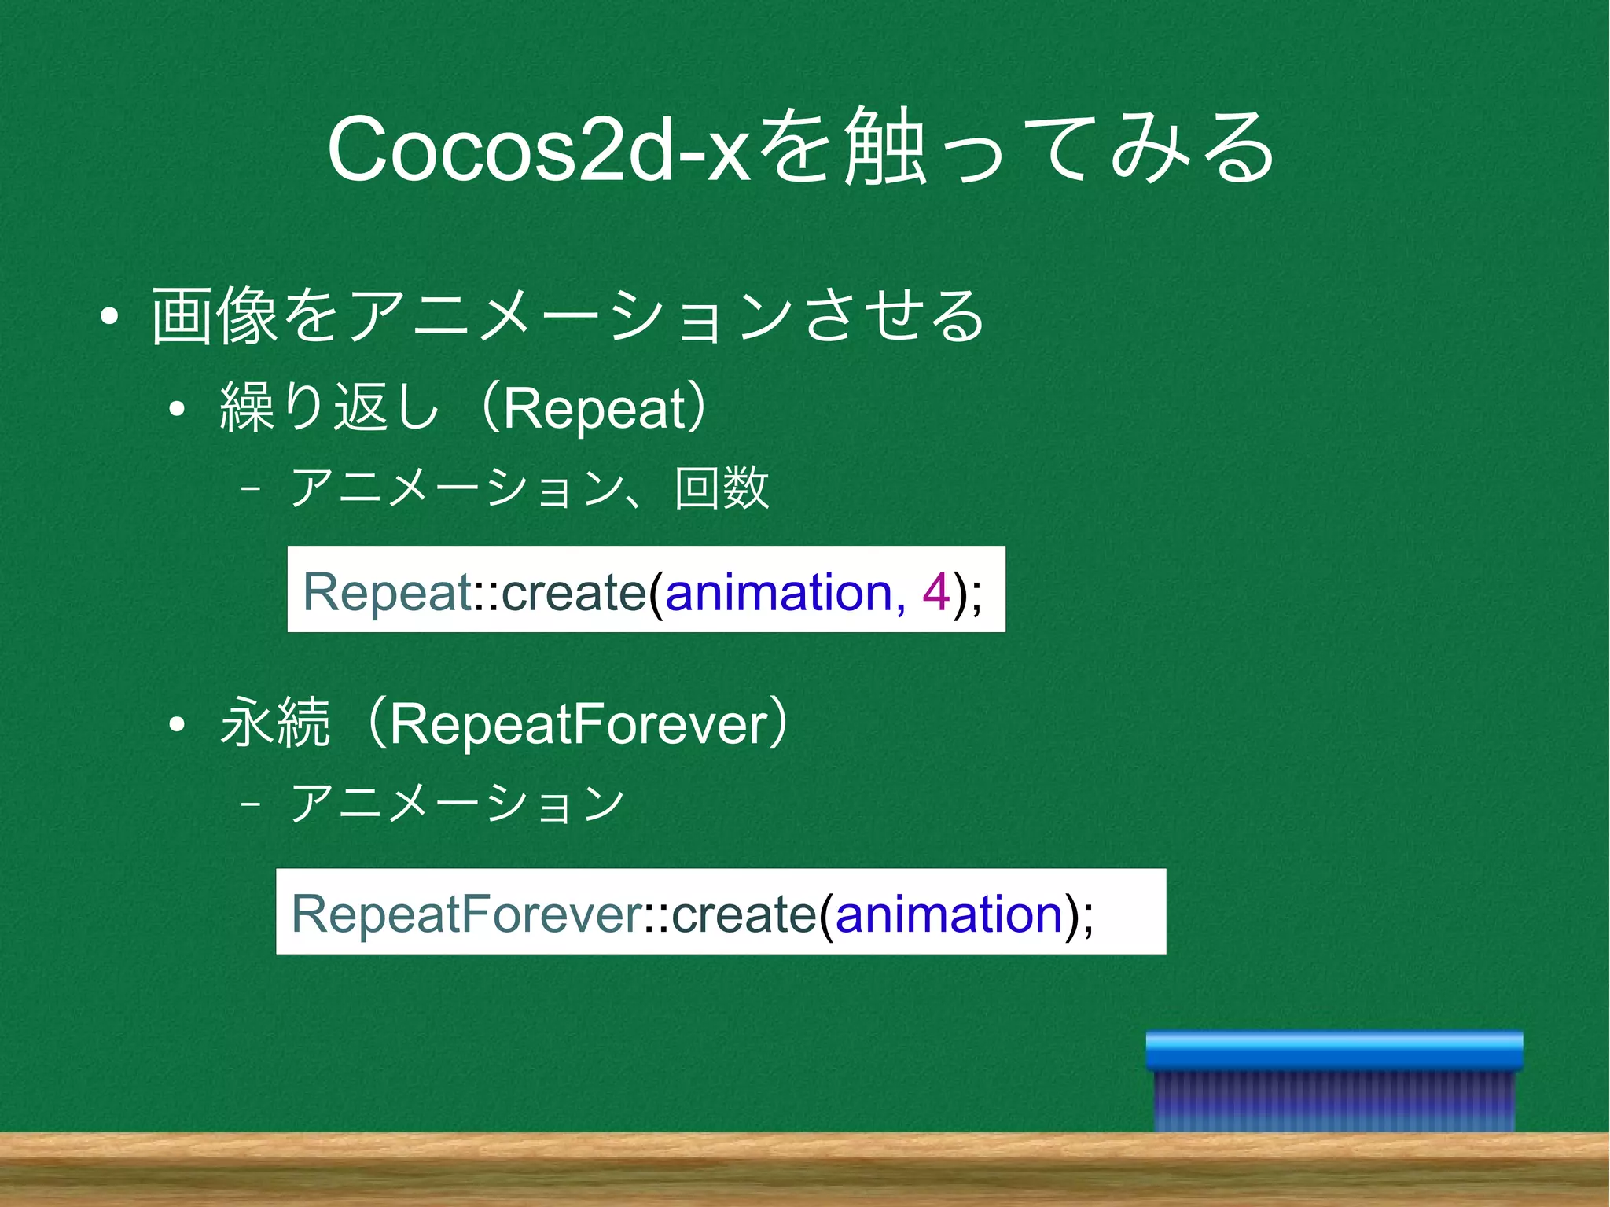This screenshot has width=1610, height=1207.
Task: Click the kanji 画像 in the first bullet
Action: [x=214, y=316]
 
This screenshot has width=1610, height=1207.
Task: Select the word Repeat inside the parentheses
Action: [x=595, y=409]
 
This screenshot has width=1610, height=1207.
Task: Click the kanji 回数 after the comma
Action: [x=722, y=488]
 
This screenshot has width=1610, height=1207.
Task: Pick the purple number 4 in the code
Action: [x=935, y=591]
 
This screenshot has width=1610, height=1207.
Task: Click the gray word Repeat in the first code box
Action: [x=386, y=591]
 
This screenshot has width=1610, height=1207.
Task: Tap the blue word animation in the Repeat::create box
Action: [x=778, y=591]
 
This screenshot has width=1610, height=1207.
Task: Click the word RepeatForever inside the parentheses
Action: [x=578, y=723]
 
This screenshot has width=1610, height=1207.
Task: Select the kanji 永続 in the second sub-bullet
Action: [x=275, y=723]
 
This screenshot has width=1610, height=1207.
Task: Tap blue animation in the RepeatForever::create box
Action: [x=949, y=914]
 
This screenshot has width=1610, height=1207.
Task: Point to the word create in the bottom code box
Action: [x=744, y=914]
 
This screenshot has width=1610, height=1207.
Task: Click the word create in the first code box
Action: [x=573, y=591]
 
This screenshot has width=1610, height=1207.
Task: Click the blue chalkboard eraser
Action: [x=1334, y=1081]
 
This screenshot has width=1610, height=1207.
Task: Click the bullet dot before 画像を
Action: [x=109, y=317]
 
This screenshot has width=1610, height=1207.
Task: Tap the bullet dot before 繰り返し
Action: [x=177, y=409]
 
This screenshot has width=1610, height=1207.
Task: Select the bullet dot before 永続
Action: [x=177, y=724]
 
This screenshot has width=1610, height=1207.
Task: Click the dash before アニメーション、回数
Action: [x=251, y=488]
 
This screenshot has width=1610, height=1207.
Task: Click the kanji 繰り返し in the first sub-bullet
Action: [x=329, y=407]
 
